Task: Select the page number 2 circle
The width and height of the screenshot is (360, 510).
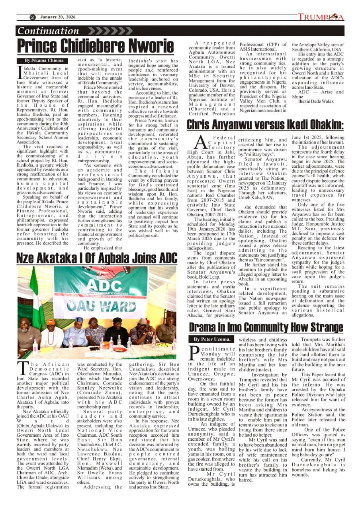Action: pos(32,17)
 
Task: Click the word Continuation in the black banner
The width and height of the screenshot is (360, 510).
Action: pos(48,31)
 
